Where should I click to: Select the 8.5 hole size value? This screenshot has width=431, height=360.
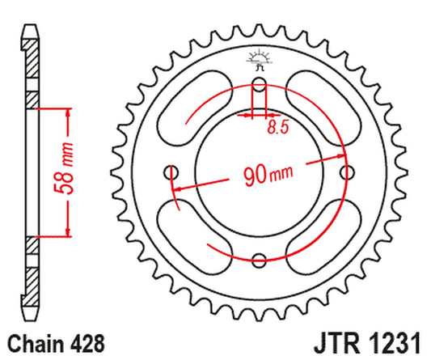[x=277, y=127]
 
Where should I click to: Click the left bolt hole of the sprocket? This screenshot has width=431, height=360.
[x=171, y=172]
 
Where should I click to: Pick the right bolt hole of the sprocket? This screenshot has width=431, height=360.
[x=349, y=172]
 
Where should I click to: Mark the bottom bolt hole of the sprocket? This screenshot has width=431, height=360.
[x=260, y=260]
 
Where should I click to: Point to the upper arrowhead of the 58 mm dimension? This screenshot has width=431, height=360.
[x=69, y=111]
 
